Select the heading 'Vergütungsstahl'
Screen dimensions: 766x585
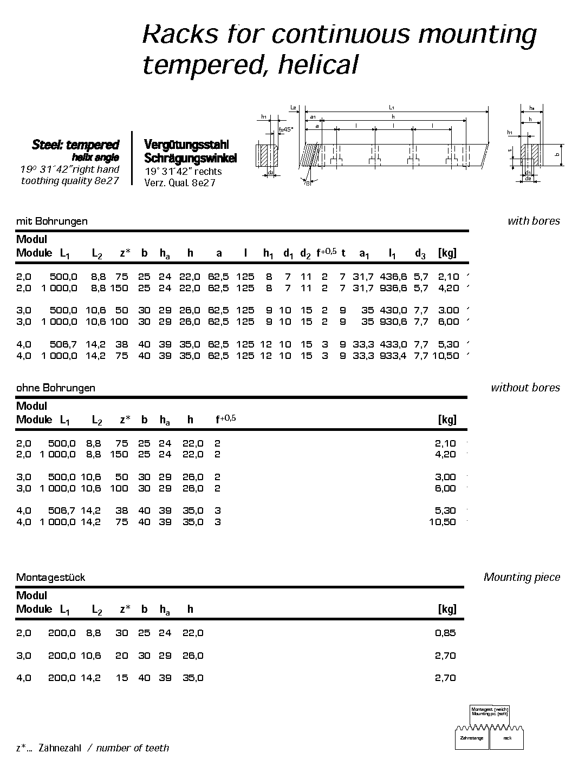coord(186,145)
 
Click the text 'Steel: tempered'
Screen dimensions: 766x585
coord(75,145)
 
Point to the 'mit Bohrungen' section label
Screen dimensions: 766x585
coord(51,221)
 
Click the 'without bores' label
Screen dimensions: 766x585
coord(525,388)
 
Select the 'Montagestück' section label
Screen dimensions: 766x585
coord(50,577)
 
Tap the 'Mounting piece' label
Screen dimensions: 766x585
coord(522,577)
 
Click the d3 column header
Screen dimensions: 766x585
coord(420,253)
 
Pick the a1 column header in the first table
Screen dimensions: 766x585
coord(365,253)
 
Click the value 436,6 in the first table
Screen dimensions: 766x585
coord(393,277)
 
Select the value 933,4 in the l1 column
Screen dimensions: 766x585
coord(393,356)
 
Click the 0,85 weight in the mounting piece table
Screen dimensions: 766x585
coord(445,633)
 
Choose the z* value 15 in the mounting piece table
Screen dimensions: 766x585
coord(122,678)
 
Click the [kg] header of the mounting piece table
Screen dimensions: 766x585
coord(447,609)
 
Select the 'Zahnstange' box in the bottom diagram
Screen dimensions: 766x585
coord(471,738)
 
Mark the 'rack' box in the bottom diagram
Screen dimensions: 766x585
coord(507,738)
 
